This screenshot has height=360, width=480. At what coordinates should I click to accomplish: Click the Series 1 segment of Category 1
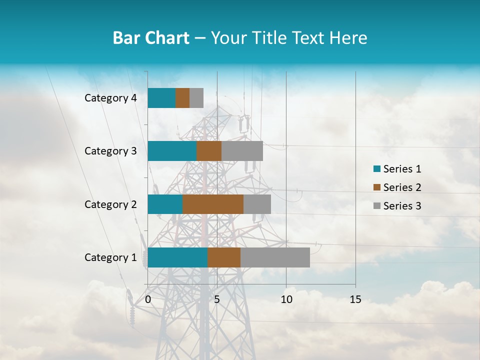(x=177, y=257)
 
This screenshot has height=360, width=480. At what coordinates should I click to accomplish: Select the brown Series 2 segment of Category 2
(x=213, y=204)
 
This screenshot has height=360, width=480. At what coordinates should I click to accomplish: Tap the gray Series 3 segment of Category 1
(x=275, y=257)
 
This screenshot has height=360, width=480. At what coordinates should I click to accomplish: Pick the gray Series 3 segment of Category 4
(x=196, y=98)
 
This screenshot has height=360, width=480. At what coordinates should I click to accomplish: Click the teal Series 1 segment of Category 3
(x=172, y=151)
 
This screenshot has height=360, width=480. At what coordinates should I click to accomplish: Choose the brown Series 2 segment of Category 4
(x=182, y=98)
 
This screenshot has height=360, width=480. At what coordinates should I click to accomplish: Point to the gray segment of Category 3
(x=242, y=151)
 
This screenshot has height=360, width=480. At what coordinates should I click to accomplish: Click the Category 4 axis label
(x=110, y=98)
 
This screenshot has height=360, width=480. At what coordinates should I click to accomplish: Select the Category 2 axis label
(x=110, y=204)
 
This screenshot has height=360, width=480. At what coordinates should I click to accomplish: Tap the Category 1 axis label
(x=110, y=257)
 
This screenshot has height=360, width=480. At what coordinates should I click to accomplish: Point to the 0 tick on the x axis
(x=148, y=299)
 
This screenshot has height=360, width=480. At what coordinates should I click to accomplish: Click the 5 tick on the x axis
(x=217, y=299)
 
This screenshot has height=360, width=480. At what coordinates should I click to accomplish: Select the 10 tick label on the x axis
(x=286, y=299)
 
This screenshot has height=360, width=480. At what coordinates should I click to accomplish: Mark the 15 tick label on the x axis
(x=355, y=299)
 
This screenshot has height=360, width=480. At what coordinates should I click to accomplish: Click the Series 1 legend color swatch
(x=376, y=169)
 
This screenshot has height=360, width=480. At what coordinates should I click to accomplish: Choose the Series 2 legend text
(x=402, y=187)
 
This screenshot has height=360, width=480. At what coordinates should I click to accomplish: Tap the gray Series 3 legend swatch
(x=376, y=206)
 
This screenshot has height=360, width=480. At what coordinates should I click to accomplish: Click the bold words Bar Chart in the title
(x=151, y=38)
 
